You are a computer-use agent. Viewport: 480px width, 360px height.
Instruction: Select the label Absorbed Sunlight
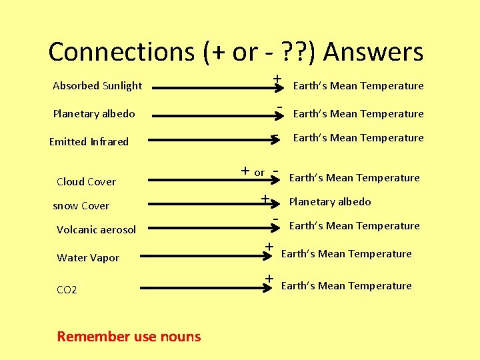pos(97,85)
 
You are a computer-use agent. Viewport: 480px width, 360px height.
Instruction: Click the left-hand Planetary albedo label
pos(94,113)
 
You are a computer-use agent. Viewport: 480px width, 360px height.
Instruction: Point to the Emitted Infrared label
pos(89,141)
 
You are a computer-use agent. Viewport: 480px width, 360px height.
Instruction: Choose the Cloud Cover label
pos(86,181)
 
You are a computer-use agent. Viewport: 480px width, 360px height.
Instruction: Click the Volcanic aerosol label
pos(96,229)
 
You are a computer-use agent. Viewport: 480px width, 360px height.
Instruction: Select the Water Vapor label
pos(88,257)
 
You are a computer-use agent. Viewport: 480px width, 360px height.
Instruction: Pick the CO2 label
pos(67,289)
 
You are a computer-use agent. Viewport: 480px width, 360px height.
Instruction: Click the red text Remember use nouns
pos(129,336)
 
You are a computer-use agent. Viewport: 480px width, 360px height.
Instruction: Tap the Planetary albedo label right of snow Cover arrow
pos(329,201)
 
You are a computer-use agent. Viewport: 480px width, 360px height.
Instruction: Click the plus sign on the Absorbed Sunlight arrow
pos(276,79)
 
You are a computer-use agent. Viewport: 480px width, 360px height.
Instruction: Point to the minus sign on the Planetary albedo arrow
pos(281,107)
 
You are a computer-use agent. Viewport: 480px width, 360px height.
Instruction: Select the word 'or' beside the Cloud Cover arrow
pos(259,173)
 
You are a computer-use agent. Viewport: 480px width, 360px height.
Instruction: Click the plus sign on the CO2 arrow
pos(269,277)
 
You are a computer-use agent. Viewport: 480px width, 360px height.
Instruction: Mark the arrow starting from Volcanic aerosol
pos(213,226)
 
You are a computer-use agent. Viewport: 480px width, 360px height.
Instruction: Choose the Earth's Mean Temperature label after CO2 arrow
pos(346,285)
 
